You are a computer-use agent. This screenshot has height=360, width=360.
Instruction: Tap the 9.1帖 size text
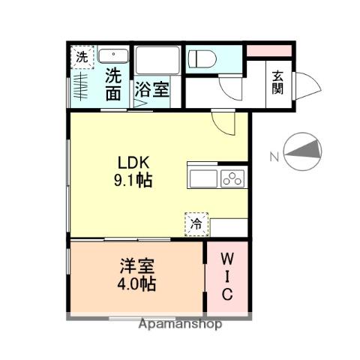(x=134, y=180)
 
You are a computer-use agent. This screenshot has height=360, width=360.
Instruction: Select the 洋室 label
(x=136, y=267)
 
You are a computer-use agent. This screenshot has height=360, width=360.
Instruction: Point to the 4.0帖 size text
(x=136, y=285)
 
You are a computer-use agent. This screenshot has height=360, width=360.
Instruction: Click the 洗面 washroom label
(x=112, y=83)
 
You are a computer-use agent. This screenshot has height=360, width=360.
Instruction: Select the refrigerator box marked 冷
(x=196, y=223)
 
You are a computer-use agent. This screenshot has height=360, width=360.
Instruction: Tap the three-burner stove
(x=233, y=179)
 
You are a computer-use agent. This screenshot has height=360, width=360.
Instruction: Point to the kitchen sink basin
(x=203, y=179)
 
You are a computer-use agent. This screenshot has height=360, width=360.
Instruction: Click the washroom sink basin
(x=113, y=56)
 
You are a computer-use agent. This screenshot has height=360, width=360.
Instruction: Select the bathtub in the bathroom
(x=157, y=60)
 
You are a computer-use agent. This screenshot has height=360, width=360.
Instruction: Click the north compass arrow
(x=302, y=149)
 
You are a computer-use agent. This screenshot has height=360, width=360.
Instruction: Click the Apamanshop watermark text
(x=180, y=325)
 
